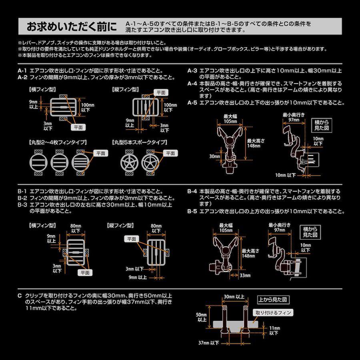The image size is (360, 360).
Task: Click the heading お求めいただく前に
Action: click(72, 26)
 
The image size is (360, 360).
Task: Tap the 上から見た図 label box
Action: click(273, 300)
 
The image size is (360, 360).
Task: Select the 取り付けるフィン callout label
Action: click(273, 312)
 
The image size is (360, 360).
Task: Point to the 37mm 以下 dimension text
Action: click(209, 343)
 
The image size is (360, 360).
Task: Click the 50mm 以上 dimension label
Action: click(202, 317)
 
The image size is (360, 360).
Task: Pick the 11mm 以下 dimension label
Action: click(274, 331)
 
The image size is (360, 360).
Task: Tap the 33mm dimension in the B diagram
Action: click(245, 275)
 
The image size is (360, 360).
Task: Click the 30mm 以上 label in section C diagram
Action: click(234, 297)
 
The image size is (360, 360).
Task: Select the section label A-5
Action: click(192, 103)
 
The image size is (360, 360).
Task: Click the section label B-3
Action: click(22, 204)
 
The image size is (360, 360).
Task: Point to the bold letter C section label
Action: click(20, 296)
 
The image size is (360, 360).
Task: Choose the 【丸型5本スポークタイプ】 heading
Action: click(140, 142)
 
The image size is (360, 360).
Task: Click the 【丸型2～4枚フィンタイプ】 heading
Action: click(58, 142)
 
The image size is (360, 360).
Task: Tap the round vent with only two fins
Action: click(38, 162)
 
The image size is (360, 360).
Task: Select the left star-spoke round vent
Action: click(130, 162)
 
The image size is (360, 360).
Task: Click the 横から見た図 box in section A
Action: click(322, 125)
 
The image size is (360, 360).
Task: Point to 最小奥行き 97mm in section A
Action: click(294, 117)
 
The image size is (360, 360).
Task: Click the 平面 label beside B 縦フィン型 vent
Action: click(132, 239)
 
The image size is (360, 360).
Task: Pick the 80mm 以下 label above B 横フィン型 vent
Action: click(76, 228)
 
